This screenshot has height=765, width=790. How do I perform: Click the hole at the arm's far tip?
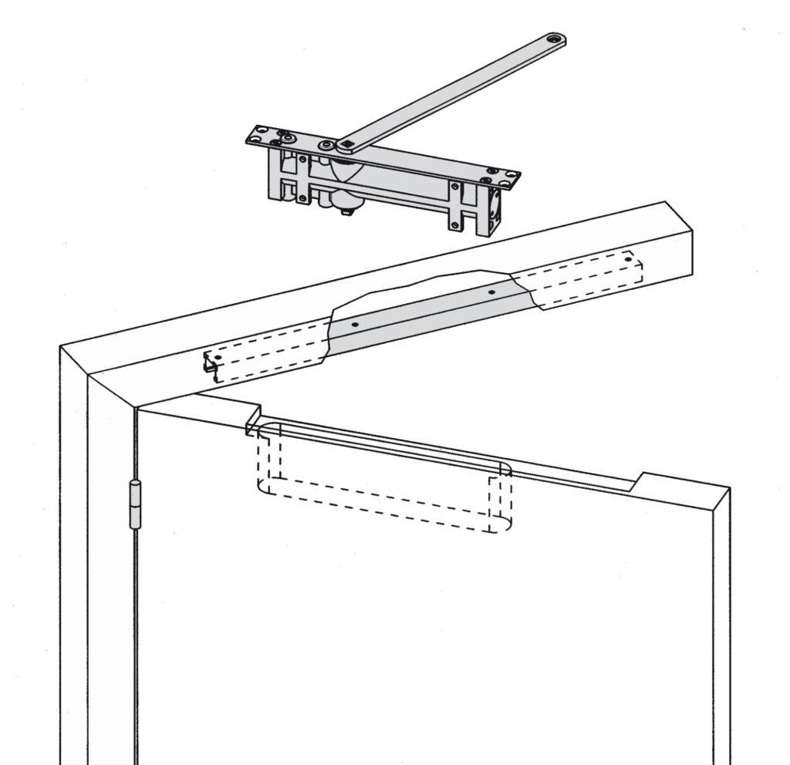552,38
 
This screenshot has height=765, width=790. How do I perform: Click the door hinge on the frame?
134,504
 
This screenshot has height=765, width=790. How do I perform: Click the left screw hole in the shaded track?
354,325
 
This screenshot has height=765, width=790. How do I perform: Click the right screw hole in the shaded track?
490,293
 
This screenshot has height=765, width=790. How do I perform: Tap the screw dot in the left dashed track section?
218,359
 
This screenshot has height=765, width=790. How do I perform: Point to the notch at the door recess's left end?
252,421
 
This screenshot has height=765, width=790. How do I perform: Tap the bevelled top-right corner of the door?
721,498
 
